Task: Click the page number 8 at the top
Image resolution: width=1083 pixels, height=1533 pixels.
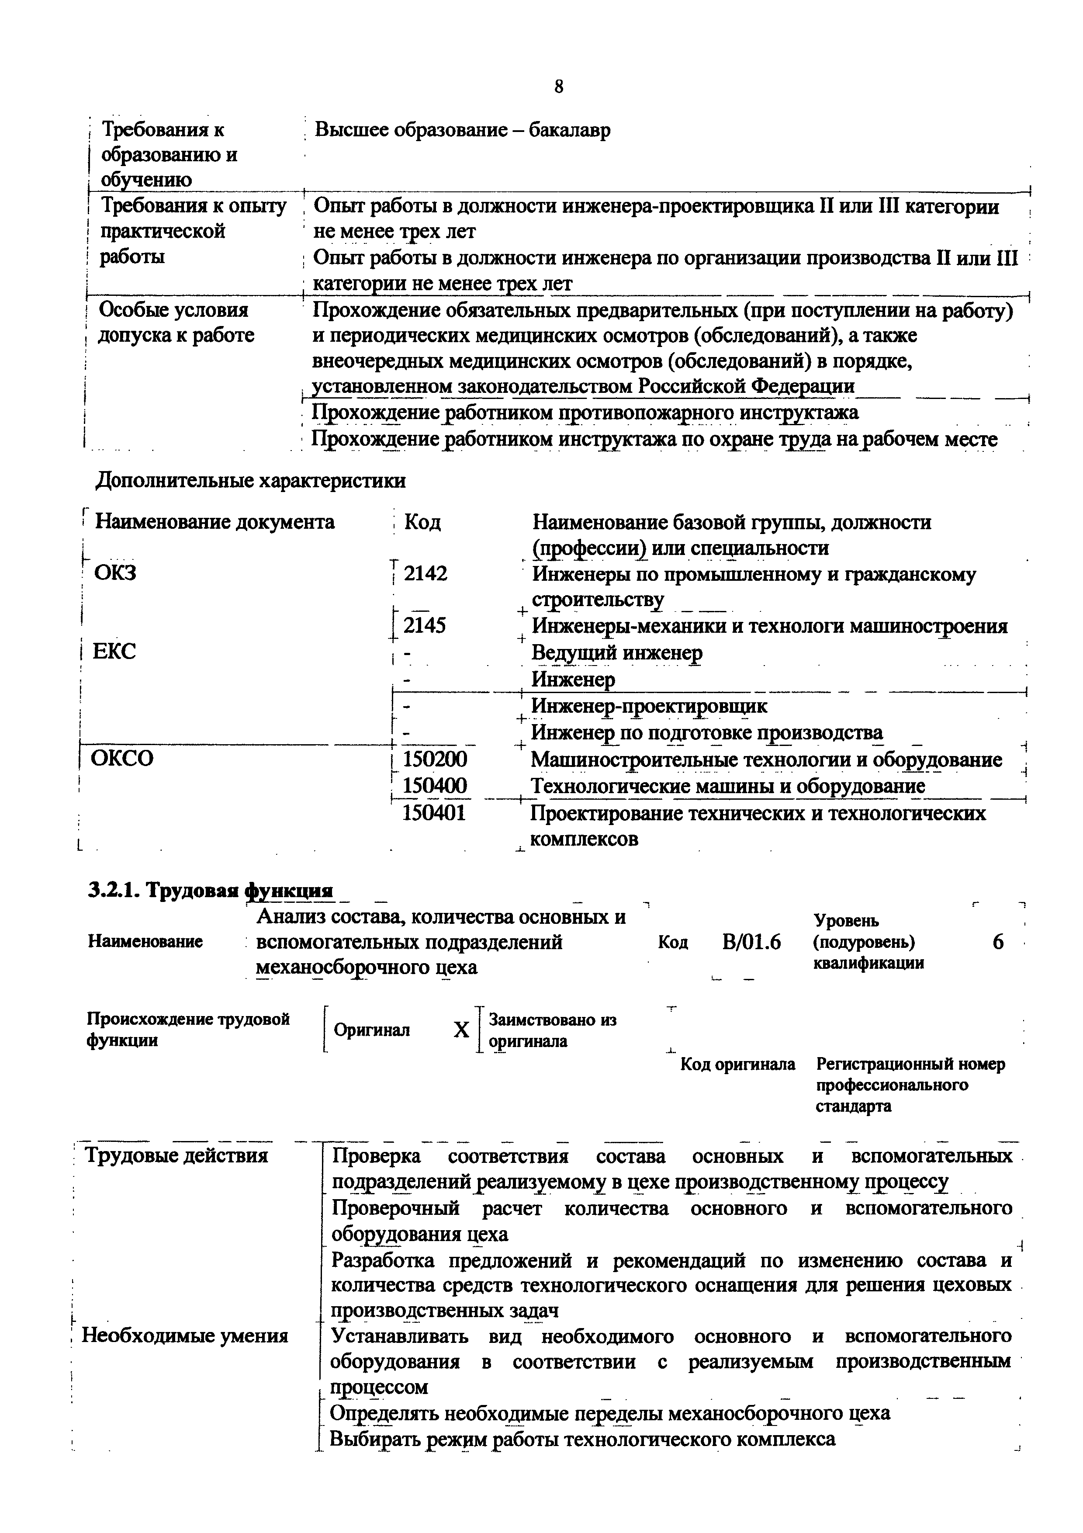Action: pyautogui.click(x=558, y=87)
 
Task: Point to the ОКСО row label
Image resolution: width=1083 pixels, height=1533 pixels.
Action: pyautogui.click(x=122, y=759)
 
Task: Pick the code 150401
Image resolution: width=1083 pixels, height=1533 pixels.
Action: pyautogui.click(x=434, y=813)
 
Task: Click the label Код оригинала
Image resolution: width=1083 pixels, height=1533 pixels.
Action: pyautogui.click(x=737, y=1064)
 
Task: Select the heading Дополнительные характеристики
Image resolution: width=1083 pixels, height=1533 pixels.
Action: pyautogui.click(x=250, y=481)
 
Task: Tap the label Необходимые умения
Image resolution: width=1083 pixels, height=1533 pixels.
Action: pyautogui.click(x=185, y=1335)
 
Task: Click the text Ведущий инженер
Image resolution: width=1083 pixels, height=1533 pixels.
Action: pyautogui.click(x=616, y=652)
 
